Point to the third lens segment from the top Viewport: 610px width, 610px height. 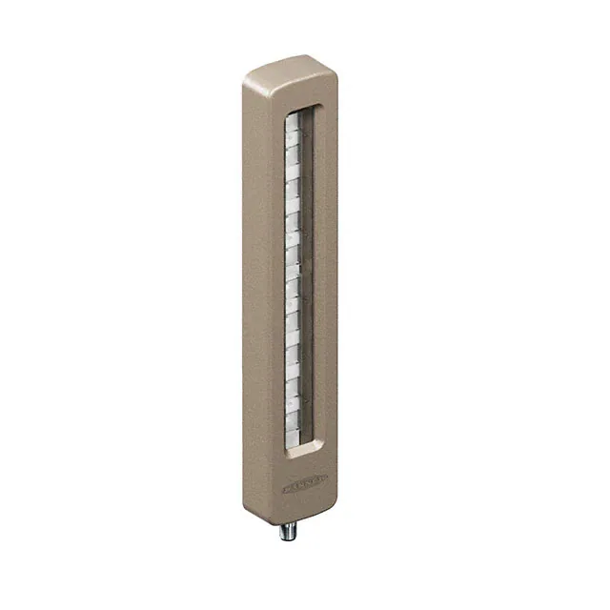point(294,162)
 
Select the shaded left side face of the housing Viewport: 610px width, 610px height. point(250,286)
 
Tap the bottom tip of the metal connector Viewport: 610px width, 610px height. point(287,538)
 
